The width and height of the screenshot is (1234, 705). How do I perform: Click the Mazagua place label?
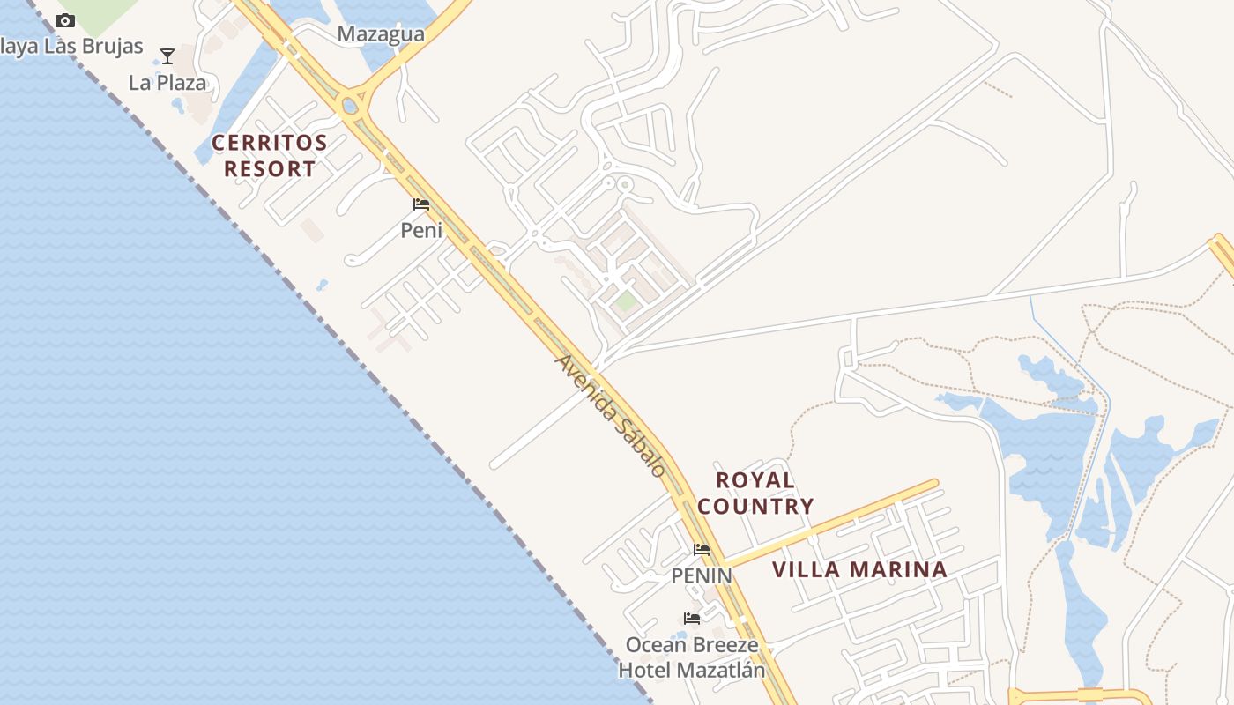click(x=381, y=35)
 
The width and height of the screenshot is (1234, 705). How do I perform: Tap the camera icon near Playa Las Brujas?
click(x=65, y=20)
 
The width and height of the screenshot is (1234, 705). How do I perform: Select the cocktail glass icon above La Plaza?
click(x=167, y=57)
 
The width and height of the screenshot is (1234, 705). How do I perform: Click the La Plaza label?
click(x=167, y=83)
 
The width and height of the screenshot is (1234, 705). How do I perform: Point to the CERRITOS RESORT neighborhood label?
click(x=270, y=155)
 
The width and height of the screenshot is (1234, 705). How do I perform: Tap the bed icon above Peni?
click(x=421, y=205)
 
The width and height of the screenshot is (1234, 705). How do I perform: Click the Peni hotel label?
click(x=421, y=231)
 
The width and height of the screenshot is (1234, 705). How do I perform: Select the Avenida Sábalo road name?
click(x=610, y=416)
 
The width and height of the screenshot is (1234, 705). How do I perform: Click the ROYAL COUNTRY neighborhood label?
click(x=755, y=493)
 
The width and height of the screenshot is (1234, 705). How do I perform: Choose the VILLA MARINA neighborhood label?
click(x=859, y=570)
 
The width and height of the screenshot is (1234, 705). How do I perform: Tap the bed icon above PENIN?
click(x=702, y=550)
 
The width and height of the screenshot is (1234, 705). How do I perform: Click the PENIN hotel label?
click(x=702, y=575)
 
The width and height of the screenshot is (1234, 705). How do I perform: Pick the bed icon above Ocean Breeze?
click(x=692, y=619)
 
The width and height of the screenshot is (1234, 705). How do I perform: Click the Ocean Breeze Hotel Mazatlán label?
click(x=692, y=657)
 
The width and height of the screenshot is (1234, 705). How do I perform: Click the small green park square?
click(x=625, y=302)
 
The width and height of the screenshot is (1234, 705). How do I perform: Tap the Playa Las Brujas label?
click(x=71, y=46)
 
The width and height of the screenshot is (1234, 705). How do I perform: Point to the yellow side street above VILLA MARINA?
click(x=829, y=525)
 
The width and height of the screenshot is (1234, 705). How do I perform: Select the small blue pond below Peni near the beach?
click(x=323, y=285)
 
